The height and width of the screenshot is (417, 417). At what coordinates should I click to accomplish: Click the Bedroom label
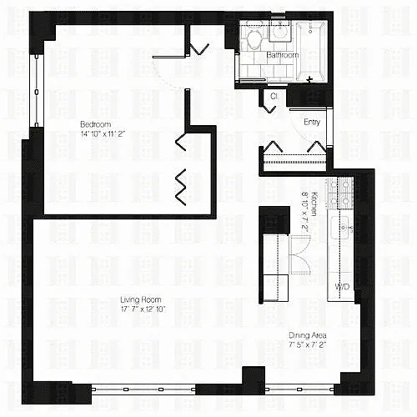coord(95,124)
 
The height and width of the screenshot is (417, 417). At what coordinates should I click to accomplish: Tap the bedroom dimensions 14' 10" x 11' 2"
coord(103,134)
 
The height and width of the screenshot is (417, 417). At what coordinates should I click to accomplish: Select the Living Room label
coord(141,299)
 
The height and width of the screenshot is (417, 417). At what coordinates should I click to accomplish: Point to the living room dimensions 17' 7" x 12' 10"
coord(143,309)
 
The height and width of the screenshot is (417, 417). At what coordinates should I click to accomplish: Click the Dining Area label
coord(307,335)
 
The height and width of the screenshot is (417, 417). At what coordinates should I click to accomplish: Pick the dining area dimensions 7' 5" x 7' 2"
coord(307,345)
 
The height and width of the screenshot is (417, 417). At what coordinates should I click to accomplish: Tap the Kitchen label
coord(314,203)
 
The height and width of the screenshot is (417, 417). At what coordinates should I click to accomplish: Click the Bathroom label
coord(283,55)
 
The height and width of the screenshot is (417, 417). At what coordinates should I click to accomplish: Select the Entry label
coord(312,122)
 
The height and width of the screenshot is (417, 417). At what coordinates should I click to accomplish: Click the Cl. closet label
coord(274,96)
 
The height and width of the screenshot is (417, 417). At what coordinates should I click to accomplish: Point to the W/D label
coord(342,287)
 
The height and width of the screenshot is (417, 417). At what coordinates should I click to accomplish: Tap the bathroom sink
coord(280,31)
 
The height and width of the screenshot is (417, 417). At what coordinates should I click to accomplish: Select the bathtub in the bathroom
coord(311,52)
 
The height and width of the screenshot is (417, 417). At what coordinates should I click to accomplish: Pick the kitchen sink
coord(339,228)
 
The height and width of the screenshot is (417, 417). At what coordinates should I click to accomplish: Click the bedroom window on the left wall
coord(37,91)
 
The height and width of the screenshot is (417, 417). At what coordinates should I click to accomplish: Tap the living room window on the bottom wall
coord(143,389)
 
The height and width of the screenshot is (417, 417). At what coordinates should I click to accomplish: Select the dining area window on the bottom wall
coord(299,389)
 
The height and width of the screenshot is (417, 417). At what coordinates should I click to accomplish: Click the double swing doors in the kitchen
coord(299,255)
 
